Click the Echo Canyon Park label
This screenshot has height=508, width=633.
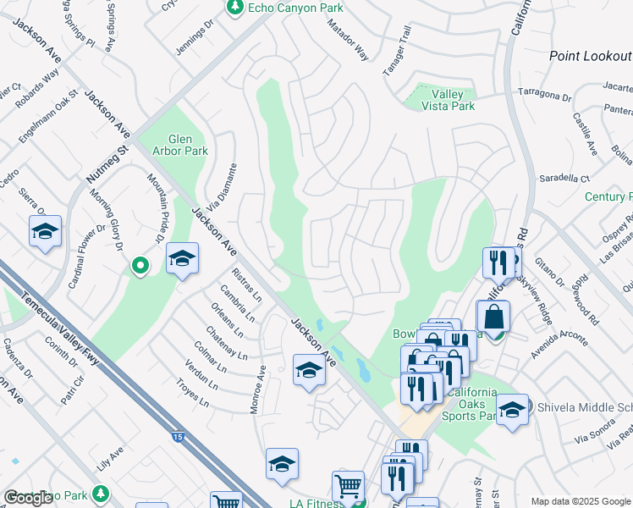pos(285,8)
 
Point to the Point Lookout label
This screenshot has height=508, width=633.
pos(590,56)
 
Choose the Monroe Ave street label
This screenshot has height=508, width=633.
pos(257,390)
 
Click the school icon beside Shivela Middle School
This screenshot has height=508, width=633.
pos(512,411)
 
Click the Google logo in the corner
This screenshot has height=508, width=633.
pos(28,498)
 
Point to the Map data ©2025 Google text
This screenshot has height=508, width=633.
pos(580,501)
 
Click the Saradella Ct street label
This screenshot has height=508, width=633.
pos(564,179)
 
